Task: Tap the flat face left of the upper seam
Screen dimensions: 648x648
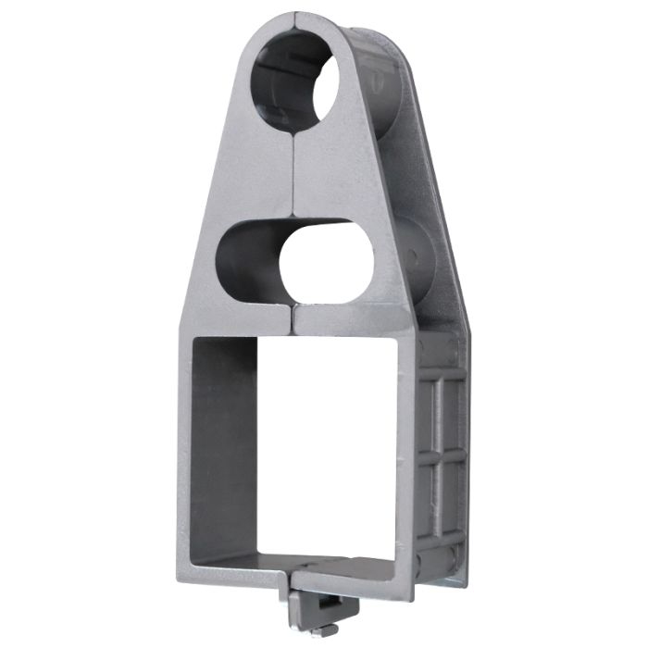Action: pos(250,176)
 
